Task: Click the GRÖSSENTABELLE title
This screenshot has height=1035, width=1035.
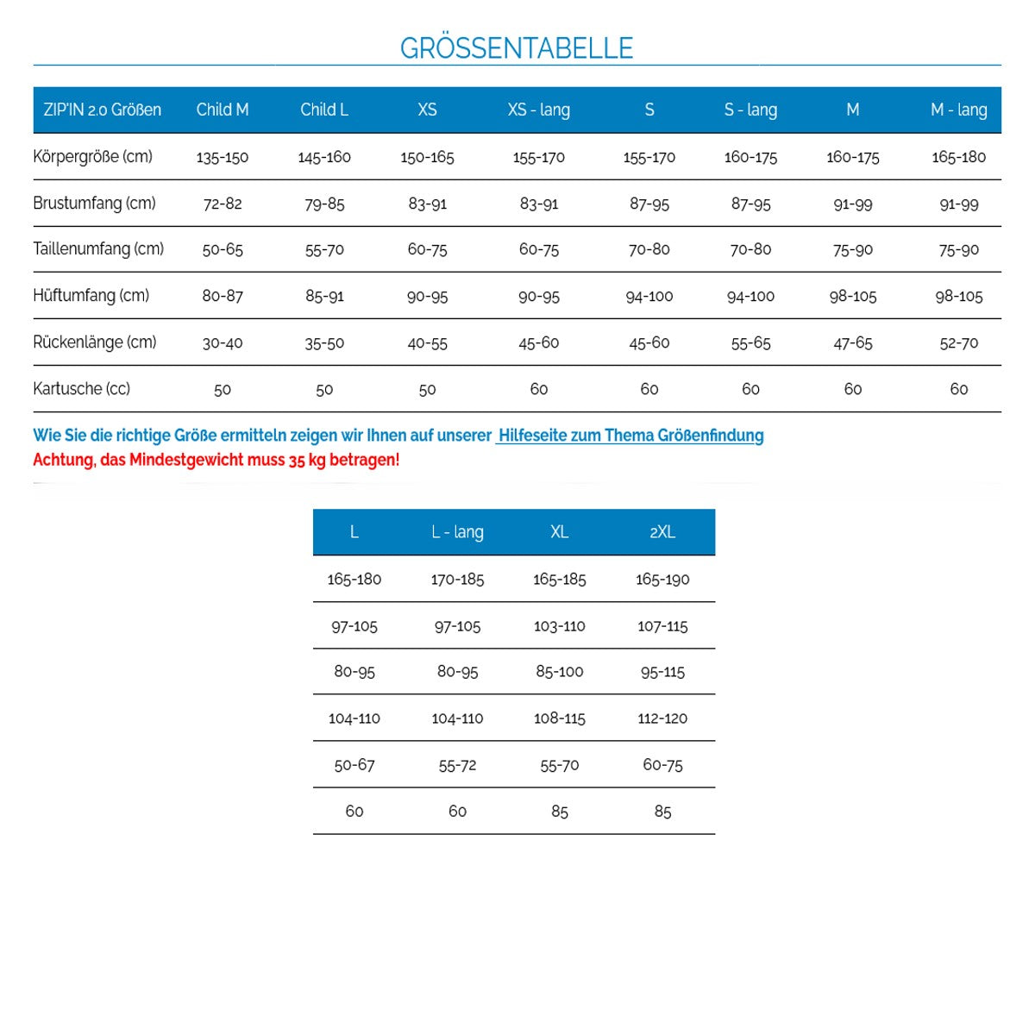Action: [517, 47]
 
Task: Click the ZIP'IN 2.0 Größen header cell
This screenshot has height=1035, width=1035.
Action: [102, 110]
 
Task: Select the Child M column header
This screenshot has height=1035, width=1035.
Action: [223, 110]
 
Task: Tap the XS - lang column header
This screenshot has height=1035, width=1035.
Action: [538, 110]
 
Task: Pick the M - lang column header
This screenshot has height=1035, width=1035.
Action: [958, 110]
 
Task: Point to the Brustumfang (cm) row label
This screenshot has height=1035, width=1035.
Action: [94, 204]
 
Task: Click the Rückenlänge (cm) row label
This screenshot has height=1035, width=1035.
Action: [95, 342]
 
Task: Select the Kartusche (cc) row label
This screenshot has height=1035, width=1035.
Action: [81, 389]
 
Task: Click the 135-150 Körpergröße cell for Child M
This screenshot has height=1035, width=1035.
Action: [223, 157]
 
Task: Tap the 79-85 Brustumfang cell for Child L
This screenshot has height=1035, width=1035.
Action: [324, 204]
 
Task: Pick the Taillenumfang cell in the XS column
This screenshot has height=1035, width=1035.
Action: [427, 250]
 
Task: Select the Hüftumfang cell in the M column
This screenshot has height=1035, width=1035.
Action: [852, 297]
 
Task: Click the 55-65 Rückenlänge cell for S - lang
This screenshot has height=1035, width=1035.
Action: [750, 343]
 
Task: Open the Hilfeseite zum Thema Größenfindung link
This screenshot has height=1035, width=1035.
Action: [630, 436]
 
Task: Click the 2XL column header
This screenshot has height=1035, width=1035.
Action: [662, 532]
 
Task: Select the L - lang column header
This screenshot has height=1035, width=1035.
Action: [457, 532]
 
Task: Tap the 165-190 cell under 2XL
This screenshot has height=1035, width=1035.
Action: [662, 580]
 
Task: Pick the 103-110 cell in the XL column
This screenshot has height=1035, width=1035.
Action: [559, 626]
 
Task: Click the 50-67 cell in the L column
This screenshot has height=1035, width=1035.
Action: [354, 765]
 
